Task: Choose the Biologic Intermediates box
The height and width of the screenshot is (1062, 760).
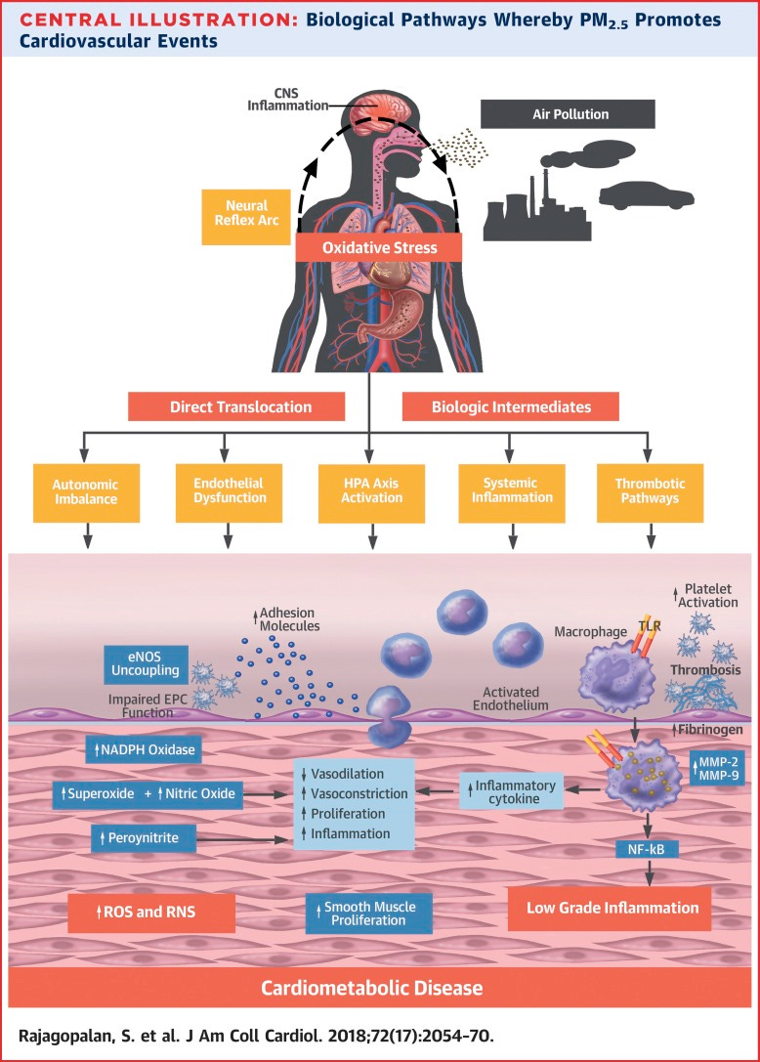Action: pos(497,405)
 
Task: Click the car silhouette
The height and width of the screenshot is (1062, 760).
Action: pos(646,195)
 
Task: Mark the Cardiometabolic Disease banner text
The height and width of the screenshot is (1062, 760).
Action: pos(371,988)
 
